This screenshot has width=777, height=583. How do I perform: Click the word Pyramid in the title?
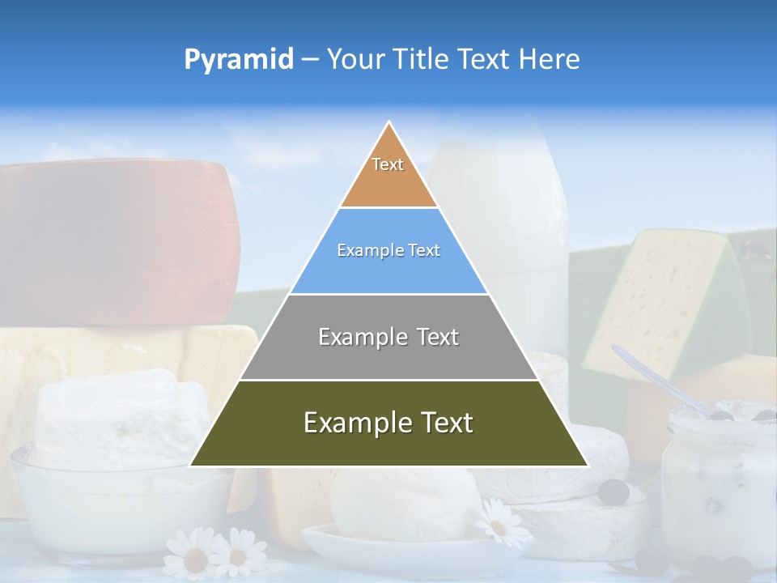(238, 60)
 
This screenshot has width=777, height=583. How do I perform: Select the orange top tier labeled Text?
(388, 174)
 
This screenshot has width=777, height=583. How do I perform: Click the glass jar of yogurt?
(716, 486)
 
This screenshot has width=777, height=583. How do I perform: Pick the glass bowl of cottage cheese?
(113, 502)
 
